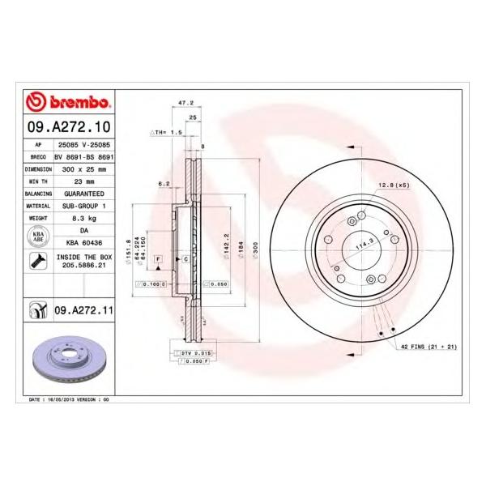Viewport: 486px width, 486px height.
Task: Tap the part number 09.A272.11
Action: tap(83, 309)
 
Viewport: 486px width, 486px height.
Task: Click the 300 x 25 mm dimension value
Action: tap(83, 170)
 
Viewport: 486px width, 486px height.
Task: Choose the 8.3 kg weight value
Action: tap(83, 219)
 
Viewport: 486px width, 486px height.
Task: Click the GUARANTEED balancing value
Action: tap(83, 194)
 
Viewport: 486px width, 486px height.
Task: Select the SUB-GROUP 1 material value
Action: tap(83, 207)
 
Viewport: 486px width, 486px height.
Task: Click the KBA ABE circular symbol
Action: tap(37, 237)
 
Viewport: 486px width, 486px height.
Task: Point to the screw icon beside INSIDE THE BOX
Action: tap(37, 261)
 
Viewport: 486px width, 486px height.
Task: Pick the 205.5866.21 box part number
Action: tap(83, 265)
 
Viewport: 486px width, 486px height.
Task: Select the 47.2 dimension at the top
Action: tap(185, 103)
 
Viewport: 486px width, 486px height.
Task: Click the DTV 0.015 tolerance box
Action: tap(191, 353)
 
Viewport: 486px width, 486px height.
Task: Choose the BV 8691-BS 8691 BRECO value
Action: tap(83, 158)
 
